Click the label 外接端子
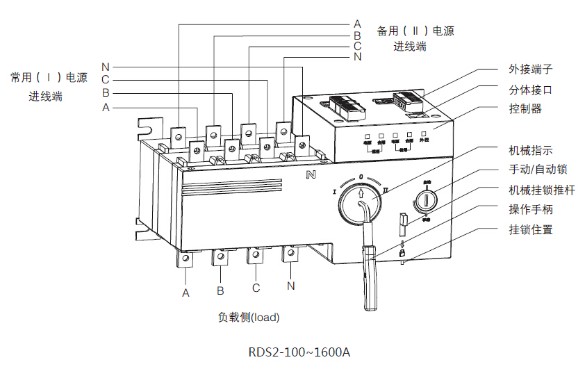click(530, 69)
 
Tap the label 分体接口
click(530, 90)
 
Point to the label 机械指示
click(530, 150)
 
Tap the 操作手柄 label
click(530, 209)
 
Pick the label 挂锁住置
click(530, 229)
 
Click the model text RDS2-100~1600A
click(299, 352)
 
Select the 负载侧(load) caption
click(248, 318)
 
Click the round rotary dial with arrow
click(361, 203)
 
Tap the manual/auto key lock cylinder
click(425, 201)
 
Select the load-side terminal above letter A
click(186, 259)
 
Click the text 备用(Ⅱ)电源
click(415, 31)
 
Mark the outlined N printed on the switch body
click(311, 174)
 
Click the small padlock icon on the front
click(402, 253)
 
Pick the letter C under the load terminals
click(256, 288)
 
